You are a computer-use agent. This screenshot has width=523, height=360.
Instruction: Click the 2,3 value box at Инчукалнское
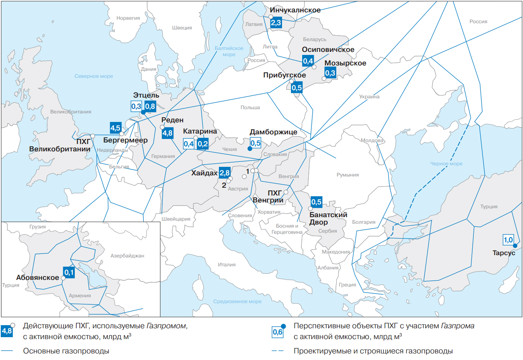(276, 23)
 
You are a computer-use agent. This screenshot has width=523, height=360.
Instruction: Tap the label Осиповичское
(328, 50)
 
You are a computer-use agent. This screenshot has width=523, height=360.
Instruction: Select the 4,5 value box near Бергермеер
(115, 128)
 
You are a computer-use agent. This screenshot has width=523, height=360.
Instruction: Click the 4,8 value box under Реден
(167, 133)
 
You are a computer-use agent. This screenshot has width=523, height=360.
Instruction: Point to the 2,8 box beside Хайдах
(225, 173)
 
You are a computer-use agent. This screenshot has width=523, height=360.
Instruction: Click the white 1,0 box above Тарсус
(508, 240)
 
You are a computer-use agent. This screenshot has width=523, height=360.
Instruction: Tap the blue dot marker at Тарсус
(515, 246)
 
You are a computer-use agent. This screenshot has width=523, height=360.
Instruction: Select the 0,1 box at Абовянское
(69, 272)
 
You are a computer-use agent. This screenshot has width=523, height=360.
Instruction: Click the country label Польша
(250, 108)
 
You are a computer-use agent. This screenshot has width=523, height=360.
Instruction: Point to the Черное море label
(446, 164)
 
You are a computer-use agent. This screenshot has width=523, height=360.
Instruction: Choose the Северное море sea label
(94, 76)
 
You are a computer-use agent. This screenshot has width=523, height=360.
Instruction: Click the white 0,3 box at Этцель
(136, 106)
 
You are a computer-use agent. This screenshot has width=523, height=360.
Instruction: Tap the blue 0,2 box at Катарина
(203, 144)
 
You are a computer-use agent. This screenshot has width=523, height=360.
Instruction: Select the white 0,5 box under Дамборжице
(255, 143)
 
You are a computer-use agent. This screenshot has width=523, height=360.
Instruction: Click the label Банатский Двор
(328, 218)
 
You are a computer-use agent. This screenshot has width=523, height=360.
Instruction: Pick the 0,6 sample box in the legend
(277, 332)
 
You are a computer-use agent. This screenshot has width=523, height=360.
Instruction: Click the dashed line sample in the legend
(277, 351)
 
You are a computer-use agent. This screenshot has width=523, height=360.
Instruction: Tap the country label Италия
(227, 265)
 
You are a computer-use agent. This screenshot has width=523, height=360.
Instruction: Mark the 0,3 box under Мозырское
(330, 73)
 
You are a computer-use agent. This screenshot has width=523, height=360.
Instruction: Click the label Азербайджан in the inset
(127, 256)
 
